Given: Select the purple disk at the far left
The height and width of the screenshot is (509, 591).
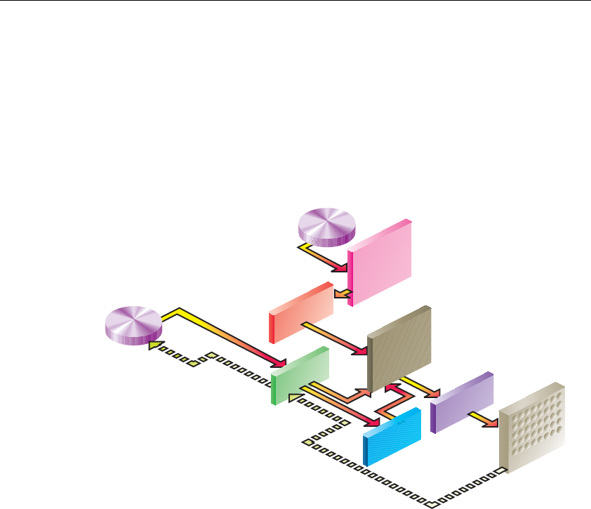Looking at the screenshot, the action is [133, 324].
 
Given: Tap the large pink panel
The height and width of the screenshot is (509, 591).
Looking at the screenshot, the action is [380, 262].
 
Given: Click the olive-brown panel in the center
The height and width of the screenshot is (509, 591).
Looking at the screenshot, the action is [399, 348].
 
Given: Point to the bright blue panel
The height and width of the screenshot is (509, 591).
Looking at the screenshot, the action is [392, 435].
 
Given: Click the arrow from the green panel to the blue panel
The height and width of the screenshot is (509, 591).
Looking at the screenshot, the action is [344, 406].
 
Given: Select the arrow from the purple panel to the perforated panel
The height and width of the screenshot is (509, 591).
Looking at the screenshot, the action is [481, 418].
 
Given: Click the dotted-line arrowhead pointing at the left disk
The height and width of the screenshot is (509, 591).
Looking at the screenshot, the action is [152, 345].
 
